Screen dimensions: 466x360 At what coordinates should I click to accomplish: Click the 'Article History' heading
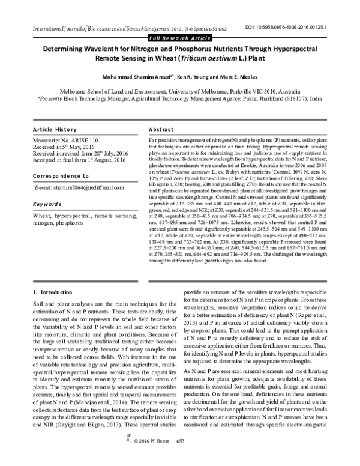55,130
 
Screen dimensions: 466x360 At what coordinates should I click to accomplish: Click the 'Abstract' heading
160,130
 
